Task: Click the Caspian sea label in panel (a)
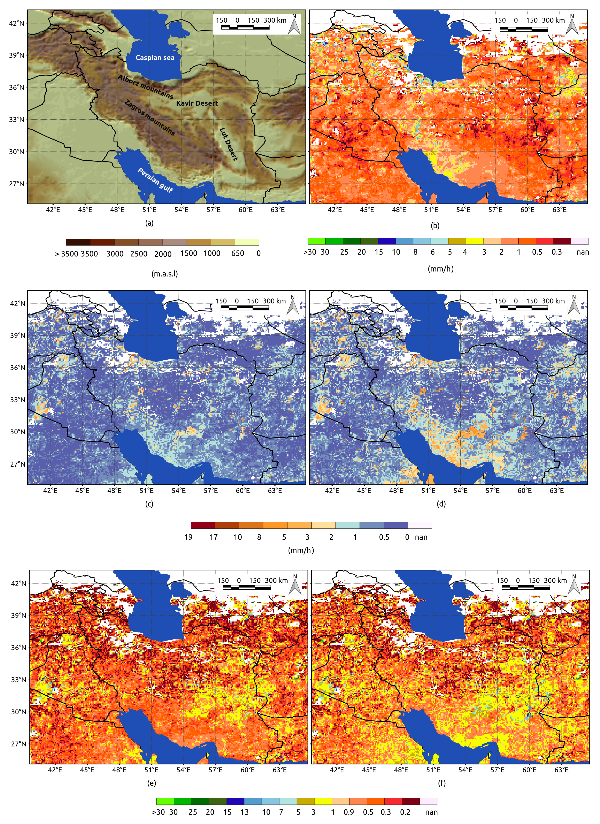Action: [x=155, y=58]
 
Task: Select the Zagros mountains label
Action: [x=149, y=117]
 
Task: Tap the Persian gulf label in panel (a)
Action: [x=155, y=180]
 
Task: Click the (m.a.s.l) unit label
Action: [x=165, y=273]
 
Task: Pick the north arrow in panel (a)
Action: [x=294, y=25]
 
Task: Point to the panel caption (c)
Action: [x=149, y=504]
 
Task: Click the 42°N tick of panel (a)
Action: [x=17, y=23]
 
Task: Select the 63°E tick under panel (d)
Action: [x=556, y=490]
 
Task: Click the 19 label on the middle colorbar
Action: [x=188, y=537]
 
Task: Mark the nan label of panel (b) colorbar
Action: [x=583, y=252]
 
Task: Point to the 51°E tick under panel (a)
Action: [x=149, y=210]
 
